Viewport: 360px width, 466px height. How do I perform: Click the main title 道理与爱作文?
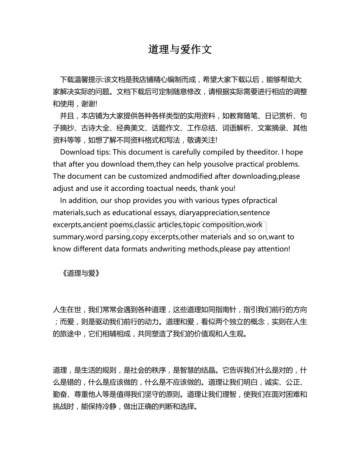(180, 50)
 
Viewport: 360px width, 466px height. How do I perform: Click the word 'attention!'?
(274, 249)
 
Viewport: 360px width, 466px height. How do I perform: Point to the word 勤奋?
(61, 395)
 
